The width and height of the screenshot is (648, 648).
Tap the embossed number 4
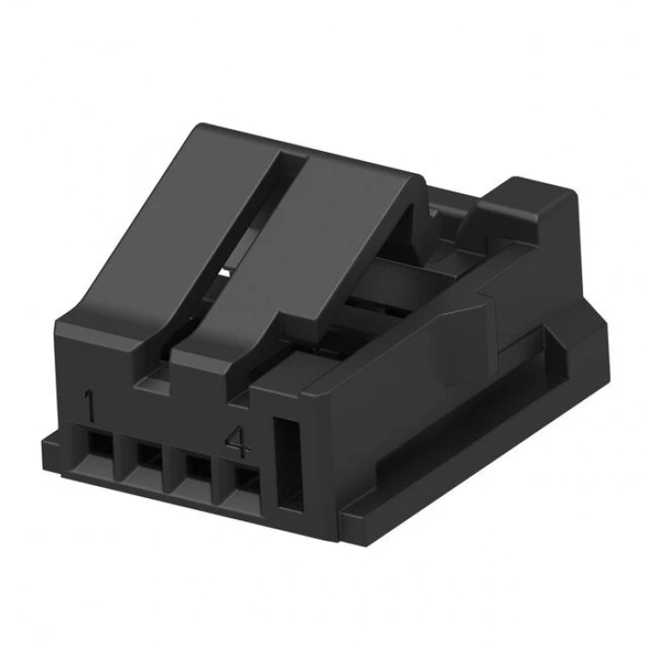(237, 443)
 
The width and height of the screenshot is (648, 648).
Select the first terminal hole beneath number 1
(98, 449)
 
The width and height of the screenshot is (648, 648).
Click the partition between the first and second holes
(122, 454)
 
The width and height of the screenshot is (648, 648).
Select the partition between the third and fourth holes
(222, 473)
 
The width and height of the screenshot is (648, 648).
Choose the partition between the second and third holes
(173, 463)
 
